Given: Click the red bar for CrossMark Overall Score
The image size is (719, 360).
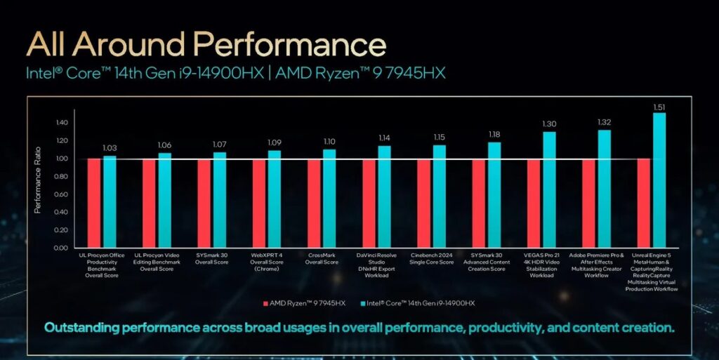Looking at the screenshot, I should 314,203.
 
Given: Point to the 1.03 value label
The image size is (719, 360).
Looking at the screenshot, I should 110,148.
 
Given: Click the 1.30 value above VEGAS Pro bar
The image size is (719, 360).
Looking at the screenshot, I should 549,124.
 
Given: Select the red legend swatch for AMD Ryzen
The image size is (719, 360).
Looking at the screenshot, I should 265,304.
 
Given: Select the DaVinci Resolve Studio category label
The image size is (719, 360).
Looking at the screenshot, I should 376,264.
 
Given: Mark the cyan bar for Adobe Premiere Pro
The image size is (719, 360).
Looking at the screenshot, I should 604,189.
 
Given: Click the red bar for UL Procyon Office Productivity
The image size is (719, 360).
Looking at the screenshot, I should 94,203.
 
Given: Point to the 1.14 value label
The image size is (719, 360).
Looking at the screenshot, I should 384,138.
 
